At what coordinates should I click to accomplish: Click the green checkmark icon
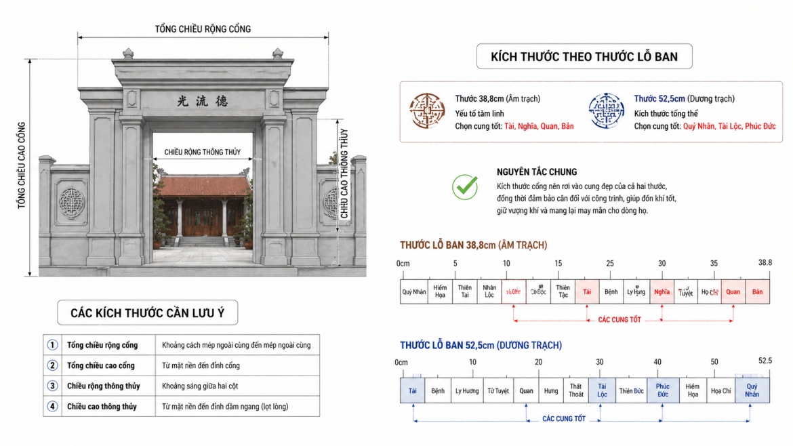point(465,186)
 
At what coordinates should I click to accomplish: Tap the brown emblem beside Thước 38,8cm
point(427,111)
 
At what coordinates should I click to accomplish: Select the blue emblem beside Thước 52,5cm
point(606,111)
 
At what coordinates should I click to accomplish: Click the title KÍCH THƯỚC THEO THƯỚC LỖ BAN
point(584,56)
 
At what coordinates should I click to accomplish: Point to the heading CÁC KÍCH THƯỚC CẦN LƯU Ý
point(147,312)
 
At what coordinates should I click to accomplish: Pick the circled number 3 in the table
point(52,386)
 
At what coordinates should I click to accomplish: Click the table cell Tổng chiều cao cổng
point(101,365)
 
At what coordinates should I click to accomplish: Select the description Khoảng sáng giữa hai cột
point(200,386)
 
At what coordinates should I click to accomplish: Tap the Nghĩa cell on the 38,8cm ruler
point(662,292)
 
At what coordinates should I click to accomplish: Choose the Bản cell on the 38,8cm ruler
point(758,292)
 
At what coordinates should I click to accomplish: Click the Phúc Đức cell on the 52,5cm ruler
point(662,390)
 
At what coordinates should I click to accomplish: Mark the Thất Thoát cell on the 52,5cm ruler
point(575,390)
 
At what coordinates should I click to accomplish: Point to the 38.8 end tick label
point(765,262)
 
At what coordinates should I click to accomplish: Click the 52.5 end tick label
point(765,361)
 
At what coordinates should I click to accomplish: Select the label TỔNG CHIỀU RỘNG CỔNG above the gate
point(203,29)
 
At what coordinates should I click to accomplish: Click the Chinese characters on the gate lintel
point(203,100)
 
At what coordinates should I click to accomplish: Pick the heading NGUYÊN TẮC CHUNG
point(537,172)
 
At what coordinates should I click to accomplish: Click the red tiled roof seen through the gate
point(203,185)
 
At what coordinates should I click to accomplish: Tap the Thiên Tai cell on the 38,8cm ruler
point(464,292)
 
